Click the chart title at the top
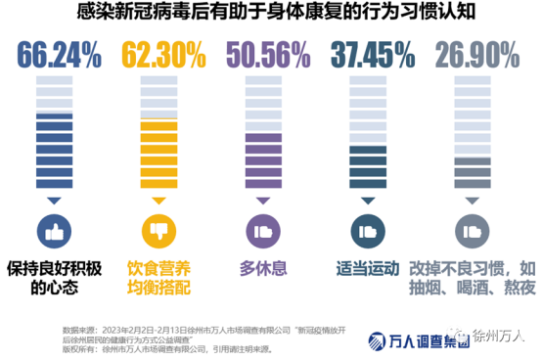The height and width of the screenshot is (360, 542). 270,14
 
